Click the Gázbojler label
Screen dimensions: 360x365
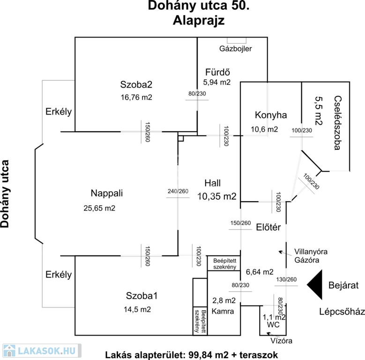[236, 49]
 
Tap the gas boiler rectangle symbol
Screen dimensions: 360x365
[233, 41]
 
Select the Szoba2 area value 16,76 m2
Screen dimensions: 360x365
[136, 97]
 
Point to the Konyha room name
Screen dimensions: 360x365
[270, 115]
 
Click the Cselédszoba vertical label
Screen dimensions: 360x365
[337, 122]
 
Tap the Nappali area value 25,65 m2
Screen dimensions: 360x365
[97, 208]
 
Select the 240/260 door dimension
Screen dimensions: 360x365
[178, 191]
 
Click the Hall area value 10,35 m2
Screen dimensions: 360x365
[217, 196]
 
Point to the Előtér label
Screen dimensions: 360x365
[268, 228]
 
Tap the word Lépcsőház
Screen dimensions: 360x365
[342, 312]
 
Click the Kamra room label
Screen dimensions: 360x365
[222, 311]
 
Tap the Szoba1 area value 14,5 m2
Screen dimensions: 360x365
[138, 309]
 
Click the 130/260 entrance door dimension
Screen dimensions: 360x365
[287, 280]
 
